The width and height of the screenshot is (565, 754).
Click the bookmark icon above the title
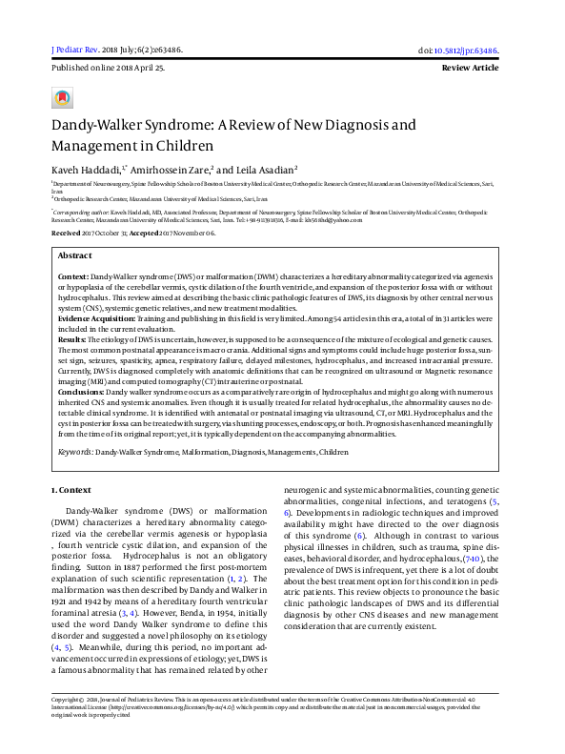tap(62, 97)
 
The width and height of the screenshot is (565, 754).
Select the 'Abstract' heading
tap(75, 256)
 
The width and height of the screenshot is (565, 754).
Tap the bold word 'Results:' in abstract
tap(72, 339)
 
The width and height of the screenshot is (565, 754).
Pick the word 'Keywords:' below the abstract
tap(75, 450)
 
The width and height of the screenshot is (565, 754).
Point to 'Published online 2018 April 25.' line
tap(107, 69)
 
